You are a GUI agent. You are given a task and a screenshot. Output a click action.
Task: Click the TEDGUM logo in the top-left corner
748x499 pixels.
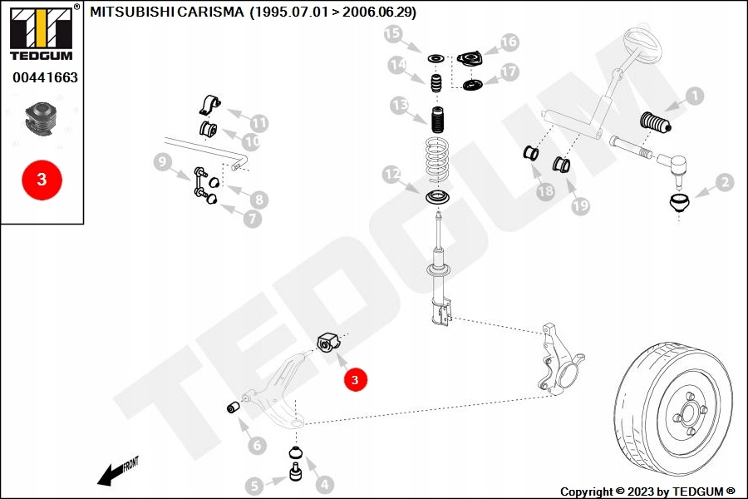pos(42,32)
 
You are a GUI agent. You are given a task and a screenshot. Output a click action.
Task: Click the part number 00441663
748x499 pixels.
pos(45,77)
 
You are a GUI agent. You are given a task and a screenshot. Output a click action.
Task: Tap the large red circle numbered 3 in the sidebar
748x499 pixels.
pos(42,180)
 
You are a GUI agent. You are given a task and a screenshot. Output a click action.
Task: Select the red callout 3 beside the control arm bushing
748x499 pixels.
pos(355,379)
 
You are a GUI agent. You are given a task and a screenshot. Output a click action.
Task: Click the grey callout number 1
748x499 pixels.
pos(695,96)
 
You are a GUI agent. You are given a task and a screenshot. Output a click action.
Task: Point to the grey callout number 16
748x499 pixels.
pos(509,42)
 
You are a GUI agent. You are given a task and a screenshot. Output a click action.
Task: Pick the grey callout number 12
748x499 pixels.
pos(392,175)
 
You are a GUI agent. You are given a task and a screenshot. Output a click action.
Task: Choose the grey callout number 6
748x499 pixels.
pos(257,445)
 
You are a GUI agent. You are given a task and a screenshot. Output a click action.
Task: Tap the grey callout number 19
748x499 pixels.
pos(581,205)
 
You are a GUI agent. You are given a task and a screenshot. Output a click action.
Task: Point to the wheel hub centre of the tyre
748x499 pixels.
pos(689,413)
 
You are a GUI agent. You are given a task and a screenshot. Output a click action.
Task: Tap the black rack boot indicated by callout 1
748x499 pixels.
pos(655,121)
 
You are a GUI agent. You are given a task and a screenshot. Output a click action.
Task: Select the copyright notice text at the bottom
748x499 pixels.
pos(647,492)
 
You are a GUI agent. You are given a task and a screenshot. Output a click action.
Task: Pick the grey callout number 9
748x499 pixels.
pos(163,162)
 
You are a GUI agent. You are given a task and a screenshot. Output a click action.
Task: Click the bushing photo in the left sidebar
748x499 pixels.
pos(41,118)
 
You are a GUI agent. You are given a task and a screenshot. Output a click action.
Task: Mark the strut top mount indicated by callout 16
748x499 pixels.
pos(470,59)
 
